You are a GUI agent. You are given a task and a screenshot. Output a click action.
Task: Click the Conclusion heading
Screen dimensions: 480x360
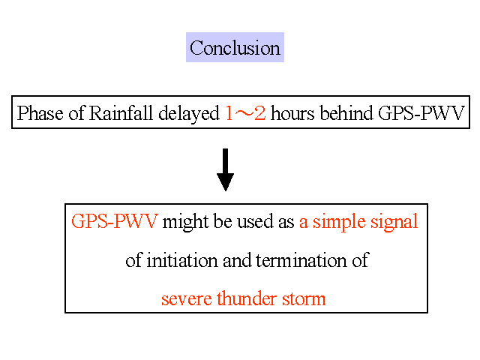pos(235,48)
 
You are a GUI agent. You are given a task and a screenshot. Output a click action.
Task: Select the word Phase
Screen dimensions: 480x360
pos(40,113)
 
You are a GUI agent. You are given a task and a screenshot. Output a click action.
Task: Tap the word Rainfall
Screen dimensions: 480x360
pos(121,113)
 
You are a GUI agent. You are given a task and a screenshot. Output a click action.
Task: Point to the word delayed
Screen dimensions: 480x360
pos(189,114)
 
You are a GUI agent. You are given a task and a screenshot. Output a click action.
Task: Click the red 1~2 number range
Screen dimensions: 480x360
pos(245,113)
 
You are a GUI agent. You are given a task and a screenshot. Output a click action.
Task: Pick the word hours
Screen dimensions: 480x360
pos(292,113)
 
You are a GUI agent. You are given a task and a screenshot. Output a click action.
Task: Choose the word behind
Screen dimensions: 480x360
pos(346,113)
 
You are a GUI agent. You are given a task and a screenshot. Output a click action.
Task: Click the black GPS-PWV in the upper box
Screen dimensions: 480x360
pos(421,113)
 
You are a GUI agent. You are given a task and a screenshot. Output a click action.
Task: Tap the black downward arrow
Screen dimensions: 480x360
pos(225,170)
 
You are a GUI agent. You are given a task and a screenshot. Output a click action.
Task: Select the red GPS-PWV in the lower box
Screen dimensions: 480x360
pos(115,221)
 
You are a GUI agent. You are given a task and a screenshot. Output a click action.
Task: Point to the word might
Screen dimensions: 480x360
pos(185,222)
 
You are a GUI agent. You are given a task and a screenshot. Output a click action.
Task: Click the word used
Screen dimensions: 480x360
pos(255,221)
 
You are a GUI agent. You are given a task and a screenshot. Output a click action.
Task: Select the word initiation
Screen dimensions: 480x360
pos(182,260)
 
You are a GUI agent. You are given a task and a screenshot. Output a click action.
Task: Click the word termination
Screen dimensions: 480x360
pos(301,260)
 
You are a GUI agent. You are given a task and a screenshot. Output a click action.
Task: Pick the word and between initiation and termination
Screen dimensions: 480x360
pos(237,260)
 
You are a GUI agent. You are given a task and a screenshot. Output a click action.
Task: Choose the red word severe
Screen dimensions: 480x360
pos(187,299)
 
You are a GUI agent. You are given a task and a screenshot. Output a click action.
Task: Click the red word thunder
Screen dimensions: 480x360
pos(247,298)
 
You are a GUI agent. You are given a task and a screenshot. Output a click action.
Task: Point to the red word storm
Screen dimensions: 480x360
pos(304,299)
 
